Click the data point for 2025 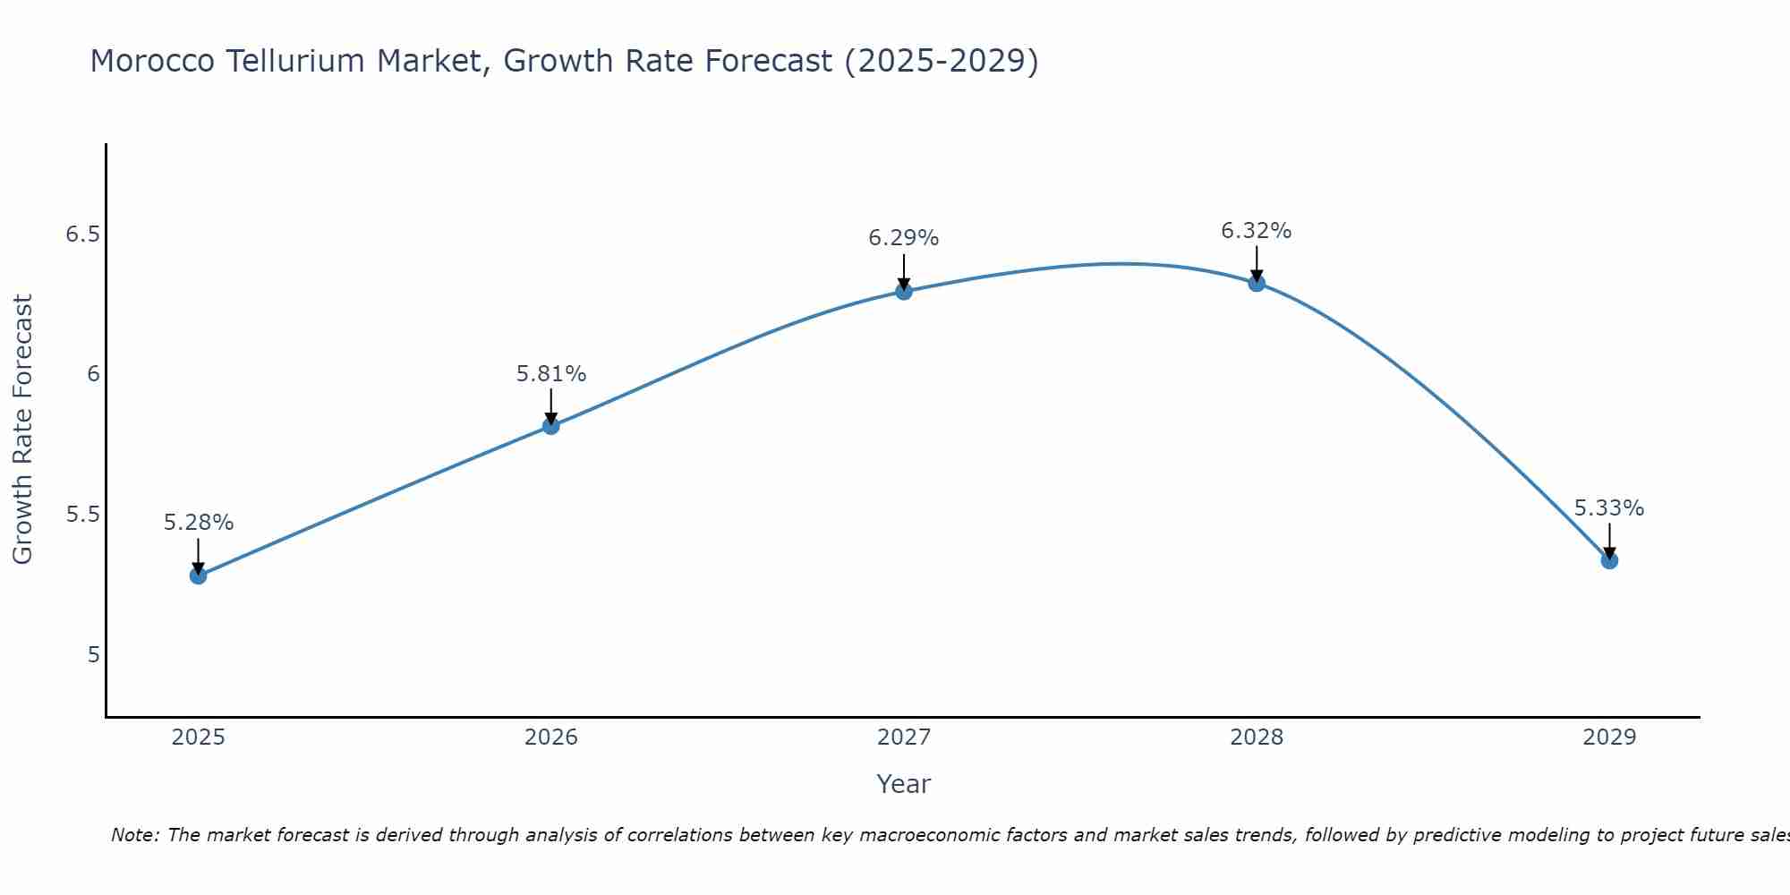(x=199, y=575)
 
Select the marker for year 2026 (x=551, y=426)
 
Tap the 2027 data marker (x=904, y=291)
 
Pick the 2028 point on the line (x=1257, y=283)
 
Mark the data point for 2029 (x=1609, y=560)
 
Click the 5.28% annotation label (x=199, y=523)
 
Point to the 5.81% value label (x=551, y=374)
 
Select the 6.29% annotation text (x=904, y=238)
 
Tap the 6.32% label (x=1257, y=231)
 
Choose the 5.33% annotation (x=1609, y=508)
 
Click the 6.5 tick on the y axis (x=82, y=234)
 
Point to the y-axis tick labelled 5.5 (x=82, y=515)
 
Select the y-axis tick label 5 (x=93, y=655)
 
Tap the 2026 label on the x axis (x=551, y=737)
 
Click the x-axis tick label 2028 (x=1257, y=737)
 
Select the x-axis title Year (x=904, y=784)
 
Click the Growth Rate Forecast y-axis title (x=23, y=430)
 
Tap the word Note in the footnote (x=134, y=835)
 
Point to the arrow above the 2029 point (x=1609, y=540)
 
